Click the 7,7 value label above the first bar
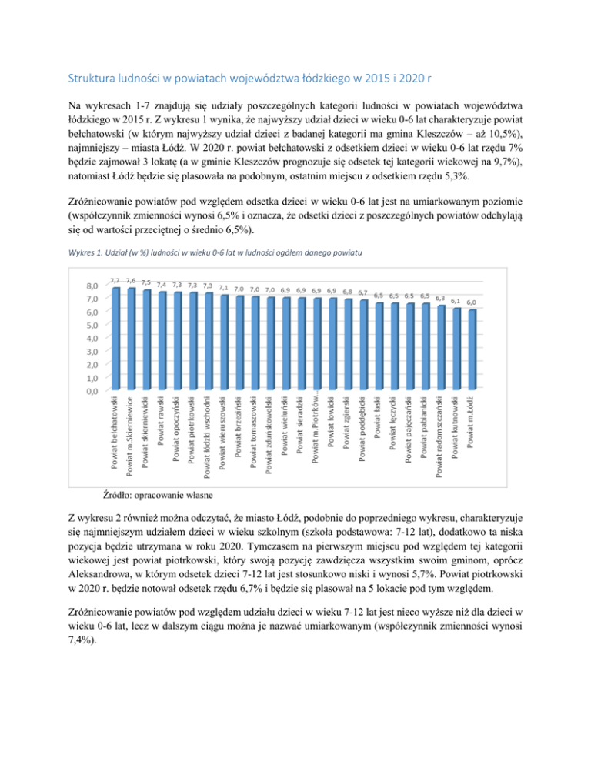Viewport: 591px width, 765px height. tap(115, 280)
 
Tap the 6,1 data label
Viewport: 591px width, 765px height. tap(456, 301)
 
